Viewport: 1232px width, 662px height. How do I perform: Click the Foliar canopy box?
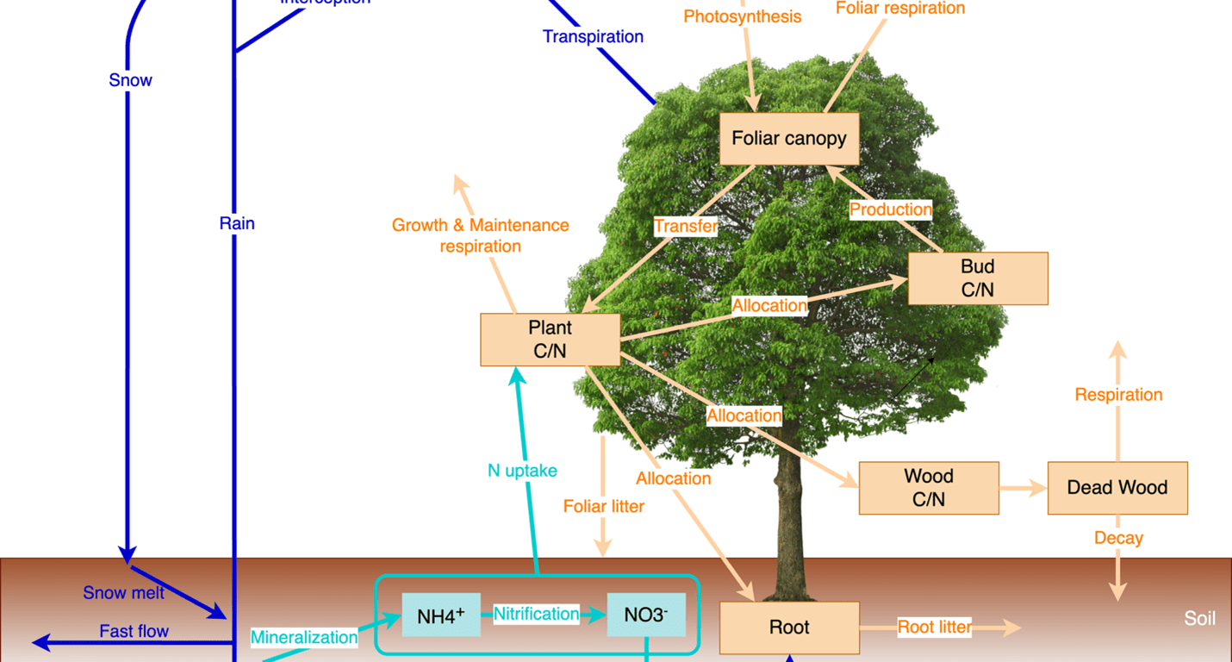pos(789,139)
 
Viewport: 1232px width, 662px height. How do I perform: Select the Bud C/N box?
pos(978,278)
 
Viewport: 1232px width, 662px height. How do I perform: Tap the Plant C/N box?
pos(550,340)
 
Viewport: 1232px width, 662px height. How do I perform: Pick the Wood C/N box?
pos(929,488)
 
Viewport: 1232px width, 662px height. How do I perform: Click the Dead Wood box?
pos(1117,488)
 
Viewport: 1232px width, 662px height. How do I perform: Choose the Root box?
pos(789,628)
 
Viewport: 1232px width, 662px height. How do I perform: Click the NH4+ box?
pos(441,615)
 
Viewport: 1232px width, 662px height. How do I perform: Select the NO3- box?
pos(646,615)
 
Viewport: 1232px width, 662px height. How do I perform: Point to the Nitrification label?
pos(536,614)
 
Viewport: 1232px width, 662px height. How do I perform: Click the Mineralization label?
pos(304,638)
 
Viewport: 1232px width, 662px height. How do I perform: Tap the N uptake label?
pos(522,471)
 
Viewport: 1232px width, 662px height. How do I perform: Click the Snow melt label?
pos(123,593)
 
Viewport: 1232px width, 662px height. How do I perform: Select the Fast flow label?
pos(134,631)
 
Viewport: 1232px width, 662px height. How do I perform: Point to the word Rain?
pos(237,224)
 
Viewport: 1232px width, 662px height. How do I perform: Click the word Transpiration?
pos(593,37)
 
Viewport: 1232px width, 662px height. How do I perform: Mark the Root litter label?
pos(935,628)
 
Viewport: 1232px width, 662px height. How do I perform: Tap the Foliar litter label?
pos(603,506)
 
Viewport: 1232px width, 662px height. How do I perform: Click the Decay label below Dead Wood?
pos(1118,538)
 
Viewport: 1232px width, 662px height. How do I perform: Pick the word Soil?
pos(1199,619)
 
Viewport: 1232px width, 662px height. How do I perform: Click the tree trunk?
pos(787,517)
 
